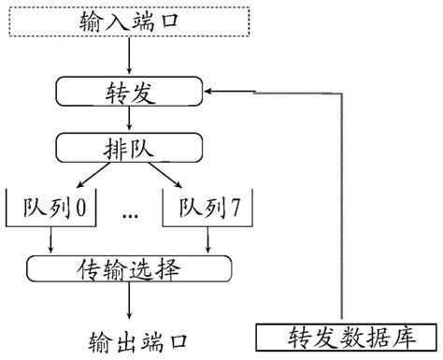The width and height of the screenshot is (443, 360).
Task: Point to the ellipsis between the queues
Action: [x=130, y=215]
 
